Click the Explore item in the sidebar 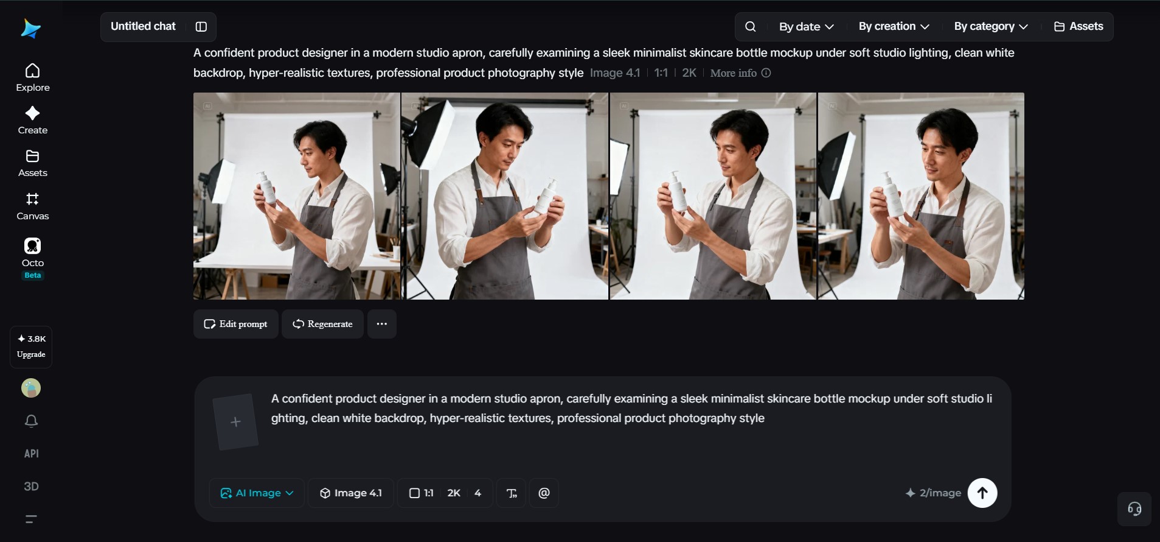tap(33, 78)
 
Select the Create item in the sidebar tap(33, 121)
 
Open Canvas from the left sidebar tap(33, 206)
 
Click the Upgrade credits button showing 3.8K tap(31, 347)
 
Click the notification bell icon tap(31, 421)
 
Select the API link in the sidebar tap(32, 454)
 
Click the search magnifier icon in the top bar tap(751, 27)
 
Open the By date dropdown tap(807, 27)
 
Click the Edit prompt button tap(236, 324)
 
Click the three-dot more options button tap(382, 324)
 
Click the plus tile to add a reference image tap(235, 422)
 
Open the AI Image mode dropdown tap(257, 493)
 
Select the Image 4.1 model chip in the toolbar tap(351, 493)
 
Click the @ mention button tap(544, 493)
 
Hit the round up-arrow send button tap(982, 493)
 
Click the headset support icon tap(1134, 509)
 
